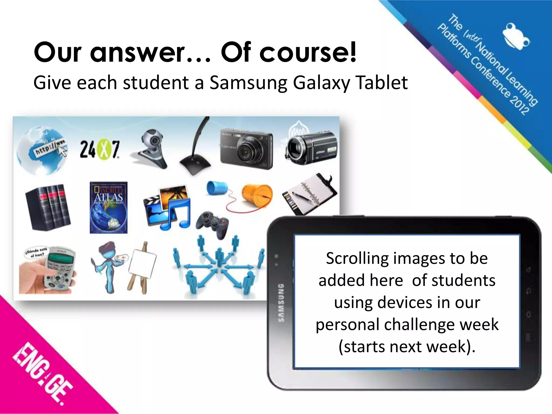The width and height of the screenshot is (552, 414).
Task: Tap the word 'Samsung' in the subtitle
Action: [x=248, y=83]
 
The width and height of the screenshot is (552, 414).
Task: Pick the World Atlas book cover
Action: [x=109, y=207]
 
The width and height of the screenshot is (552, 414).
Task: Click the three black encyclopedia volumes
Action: [x=48, y=207]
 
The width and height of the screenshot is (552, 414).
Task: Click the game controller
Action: [x=212, y=223]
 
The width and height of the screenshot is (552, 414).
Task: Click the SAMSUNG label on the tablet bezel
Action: [x=281, y=302]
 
